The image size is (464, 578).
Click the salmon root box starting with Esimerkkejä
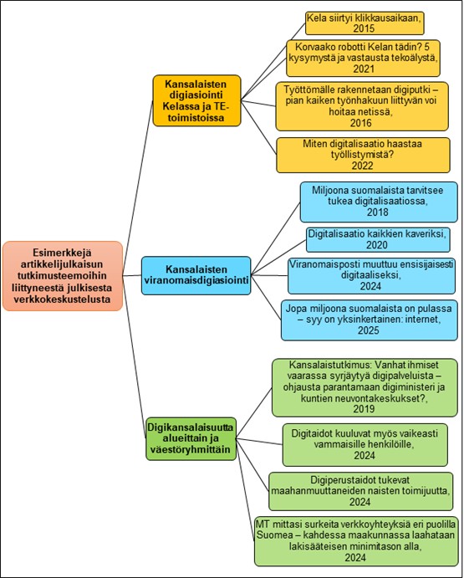(x=62, y=276)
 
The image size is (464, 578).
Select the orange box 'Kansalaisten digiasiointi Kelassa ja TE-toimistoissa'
(x=196, y=100)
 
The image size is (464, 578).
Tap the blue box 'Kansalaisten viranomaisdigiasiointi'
(x=196, y=275)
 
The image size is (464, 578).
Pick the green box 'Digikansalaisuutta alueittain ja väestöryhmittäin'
(x=191, y=438)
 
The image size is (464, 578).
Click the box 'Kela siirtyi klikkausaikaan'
(x=365, y=23)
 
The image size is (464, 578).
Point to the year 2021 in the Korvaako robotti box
(x=364, y=69)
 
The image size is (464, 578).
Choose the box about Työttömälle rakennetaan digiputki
(x=362, y=106)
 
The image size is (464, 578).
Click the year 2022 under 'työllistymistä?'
(x=363, y=166)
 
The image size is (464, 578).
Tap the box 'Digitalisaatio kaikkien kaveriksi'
(x=378, y=239)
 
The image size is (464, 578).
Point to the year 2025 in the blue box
(x=368, y=330)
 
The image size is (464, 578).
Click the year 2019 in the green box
(x=364, y=409)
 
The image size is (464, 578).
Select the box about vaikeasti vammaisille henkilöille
(x=365, y=444)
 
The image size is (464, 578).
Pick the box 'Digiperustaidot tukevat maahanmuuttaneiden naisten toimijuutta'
(x=360, y=491)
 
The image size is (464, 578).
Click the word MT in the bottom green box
(x=262, y=524)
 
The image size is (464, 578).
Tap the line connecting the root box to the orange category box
(x=137, y=179)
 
